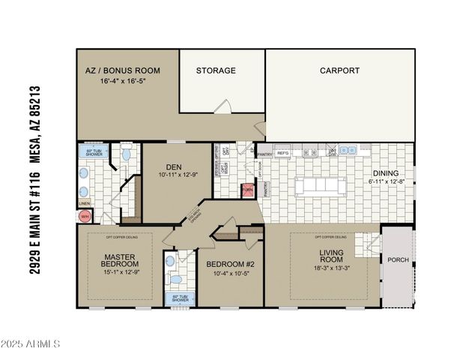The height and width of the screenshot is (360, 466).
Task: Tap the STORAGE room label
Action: [216, 70]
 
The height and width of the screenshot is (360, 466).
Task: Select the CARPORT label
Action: [339, 70]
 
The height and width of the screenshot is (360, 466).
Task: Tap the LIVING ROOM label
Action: [330, 257]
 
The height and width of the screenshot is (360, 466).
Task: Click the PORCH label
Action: [398, 260]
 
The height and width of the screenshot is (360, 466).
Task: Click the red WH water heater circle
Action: [85, 216]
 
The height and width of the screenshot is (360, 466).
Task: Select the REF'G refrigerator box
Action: [282, 153]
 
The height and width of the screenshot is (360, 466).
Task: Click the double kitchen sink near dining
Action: [348, 151]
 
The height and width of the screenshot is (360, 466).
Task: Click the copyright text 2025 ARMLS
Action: [32, 344]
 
